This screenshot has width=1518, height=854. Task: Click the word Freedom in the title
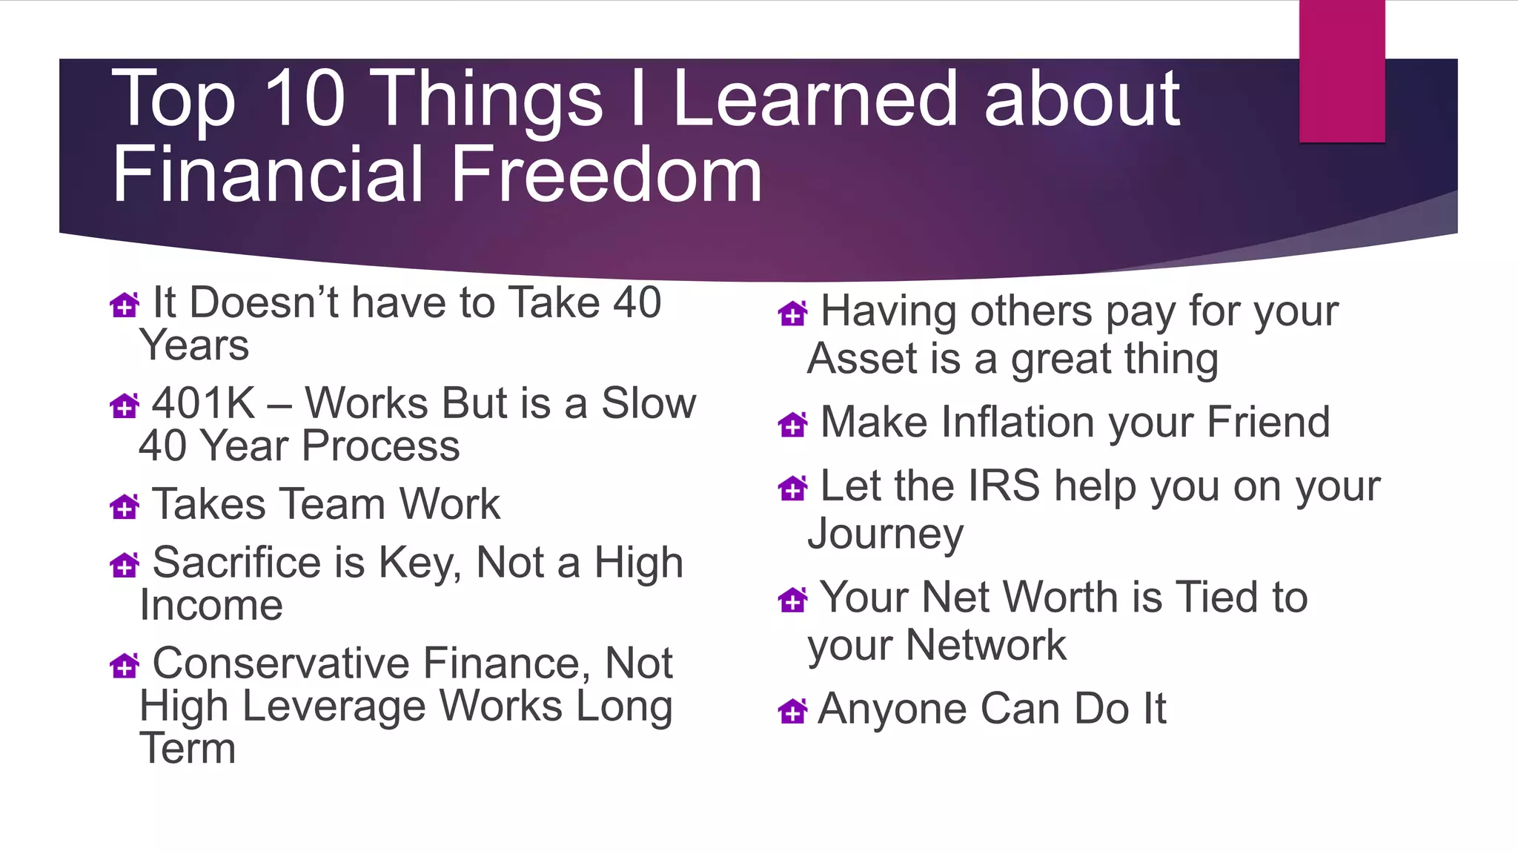click(x=606, y=175)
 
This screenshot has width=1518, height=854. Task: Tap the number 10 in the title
click(x=304, y=98)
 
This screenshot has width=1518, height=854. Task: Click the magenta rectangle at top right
click(x=1342, y=71)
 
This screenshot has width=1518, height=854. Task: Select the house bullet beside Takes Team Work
click(x=124, y=506)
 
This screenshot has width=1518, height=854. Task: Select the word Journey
click(x=886, y=534)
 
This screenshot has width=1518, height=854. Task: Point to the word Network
click(x=986, y=645)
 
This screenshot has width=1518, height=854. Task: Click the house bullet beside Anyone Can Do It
click(x=792, y=711)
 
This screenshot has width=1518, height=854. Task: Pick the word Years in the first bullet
click(x=194, y=346)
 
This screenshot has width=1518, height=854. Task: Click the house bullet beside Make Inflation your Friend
click(x=792, y=424)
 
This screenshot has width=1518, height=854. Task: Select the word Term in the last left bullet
click(x=188, y=749)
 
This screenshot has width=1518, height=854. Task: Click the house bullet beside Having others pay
click(x=792, y=314)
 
